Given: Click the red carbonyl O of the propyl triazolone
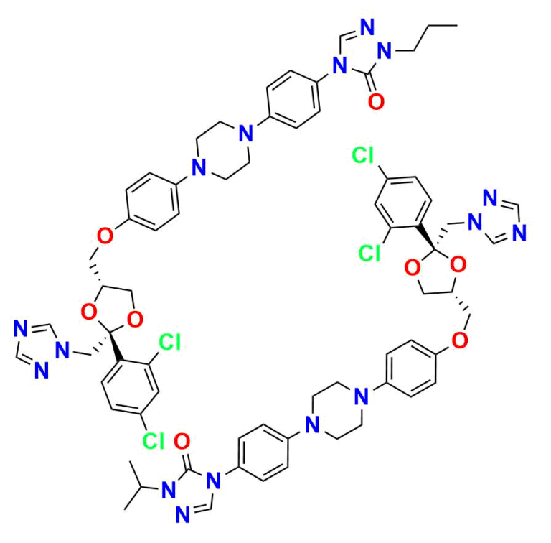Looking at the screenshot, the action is tap(376, 101).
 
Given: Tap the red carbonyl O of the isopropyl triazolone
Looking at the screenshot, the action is tap(182, 441).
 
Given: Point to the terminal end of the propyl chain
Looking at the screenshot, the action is tap(457, 25).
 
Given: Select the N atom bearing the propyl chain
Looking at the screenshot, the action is tap(385, 51).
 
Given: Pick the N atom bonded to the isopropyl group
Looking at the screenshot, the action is tap(169, 490).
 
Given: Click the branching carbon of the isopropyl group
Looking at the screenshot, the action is tap(141, 487).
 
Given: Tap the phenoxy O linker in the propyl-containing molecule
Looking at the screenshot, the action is tap(105, 236).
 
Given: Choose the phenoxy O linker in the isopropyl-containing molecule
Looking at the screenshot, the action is tap(460, 340).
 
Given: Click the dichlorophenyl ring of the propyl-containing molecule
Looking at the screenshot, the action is tap(130, 386).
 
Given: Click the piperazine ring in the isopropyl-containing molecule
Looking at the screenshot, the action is tap(336, 411).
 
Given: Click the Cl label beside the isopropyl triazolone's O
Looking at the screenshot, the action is tap(154, 440).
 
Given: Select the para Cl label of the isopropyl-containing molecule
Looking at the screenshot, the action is tap(362, 155).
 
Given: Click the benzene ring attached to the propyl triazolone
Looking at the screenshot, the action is tap(293, 100).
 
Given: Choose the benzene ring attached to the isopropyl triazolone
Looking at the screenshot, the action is tap(263, 452).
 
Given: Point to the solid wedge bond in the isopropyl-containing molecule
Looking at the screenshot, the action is tap(426, 238).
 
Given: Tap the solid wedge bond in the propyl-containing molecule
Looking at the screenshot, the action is tap(116, 346).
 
